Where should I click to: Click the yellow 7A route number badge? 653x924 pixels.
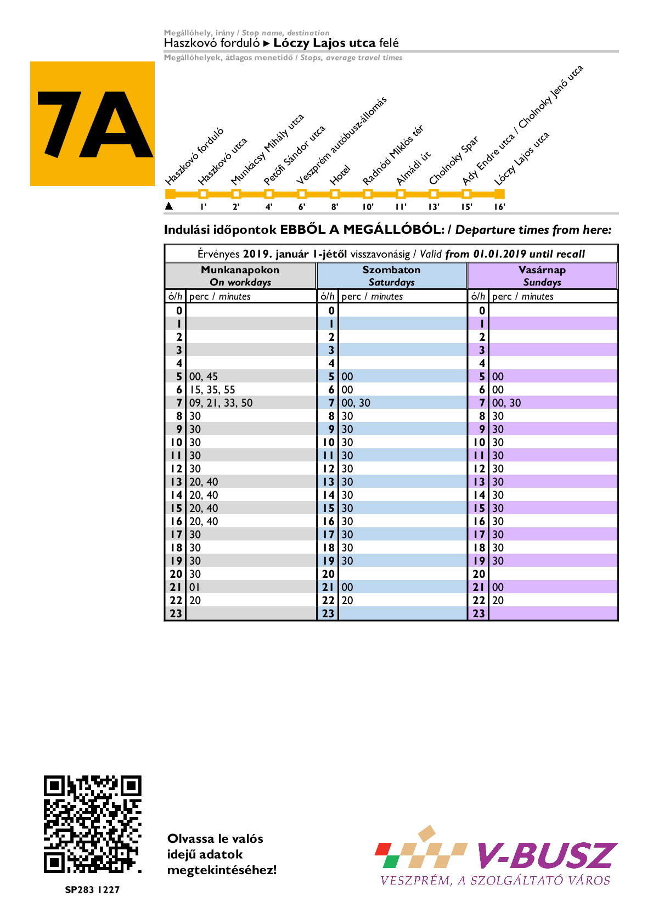click(x=92, y=123)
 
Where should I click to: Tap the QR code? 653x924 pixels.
click(x=92, y=824)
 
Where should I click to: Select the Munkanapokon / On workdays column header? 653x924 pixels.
click(x=240, y=276)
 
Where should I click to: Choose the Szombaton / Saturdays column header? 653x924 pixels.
click(x=391, y=276)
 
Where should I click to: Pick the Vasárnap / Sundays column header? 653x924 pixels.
click(x=542, y=276)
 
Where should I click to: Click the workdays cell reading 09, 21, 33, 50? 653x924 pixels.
click(x=221, y=403)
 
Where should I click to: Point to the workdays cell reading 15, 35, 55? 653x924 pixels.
click(x=212, y=390)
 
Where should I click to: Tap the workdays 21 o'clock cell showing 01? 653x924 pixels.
click(x=195, y=587)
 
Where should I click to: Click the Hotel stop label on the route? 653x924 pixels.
click(x=340, y=176)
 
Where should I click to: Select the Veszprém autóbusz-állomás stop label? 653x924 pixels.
click(x=341, y=141)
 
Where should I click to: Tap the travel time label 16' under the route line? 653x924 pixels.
click(x=499, y=207)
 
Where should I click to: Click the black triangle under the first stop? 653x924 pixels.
click(x=169, y=206)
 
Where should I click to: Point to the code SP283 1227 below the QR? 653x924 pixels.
click(x=92, y=889)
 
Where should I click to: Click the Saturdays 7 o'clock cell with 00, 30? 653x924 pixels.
click(x=356, y=403)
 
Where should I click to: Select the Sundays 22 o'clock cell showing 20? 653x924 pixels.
click(x=498, y=600)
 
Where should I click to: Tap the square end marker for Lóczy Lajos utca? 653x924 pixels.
click(x=499, y=194)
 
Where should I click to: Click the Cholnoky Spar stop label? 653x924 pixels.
click(x=453, y=160)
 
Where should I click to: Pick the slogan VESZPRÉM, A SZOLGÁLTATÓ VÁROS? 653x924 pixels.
click(x=495, y=881)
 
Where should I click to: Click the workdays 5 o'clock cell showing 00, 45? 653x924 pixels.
click(x=204, y=376)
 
